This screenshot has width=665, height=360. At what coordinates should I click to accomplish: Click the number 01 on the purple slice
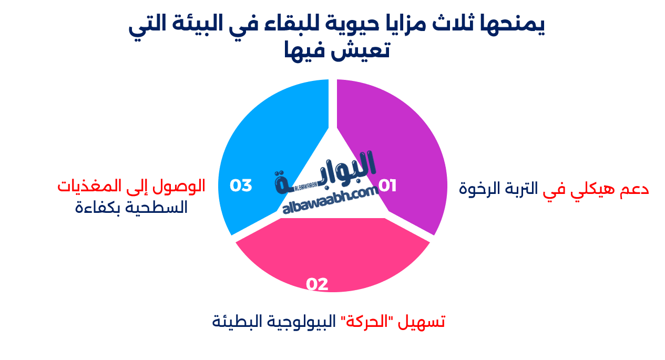pos(387,186)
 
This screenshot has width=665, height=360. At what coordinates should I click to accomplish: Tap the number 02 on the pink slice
pos(317,284)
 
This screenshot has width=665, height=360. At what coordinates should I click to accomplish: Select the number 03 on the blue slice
pos(241,186)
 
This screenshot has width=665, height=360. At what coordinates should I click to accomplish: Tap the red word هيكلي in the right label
pos(583,189)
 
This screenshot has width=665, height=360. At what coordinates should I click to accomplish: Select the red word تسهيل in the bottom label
pos(424,321)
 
